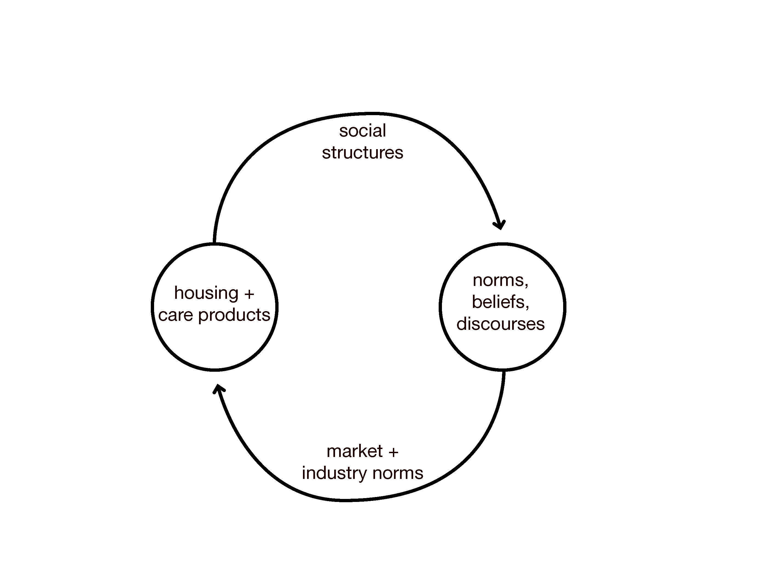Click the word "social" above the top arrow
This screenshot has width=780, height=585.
tap(362, 131)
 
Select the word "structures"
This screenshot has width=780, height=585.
tap(362, 153)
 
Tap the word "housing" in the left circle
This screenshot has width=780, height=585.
tap(206, 293)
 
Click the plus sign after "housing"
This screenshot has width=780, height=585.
tap(249, 294)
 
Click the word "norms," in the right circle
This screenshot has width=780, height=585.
tap(500, 281)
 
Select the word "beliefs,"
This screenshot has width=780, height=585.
tap(500, 302)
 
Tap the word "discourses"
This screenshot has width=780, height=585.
tap(500, 324)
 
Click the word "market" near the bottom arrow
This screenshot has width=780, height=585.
tap(355, 451)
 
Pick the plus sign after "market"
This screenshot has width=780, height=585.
tap(393, 452)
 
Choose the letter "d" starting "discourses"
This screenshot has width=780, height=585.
tap(462, 323)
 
